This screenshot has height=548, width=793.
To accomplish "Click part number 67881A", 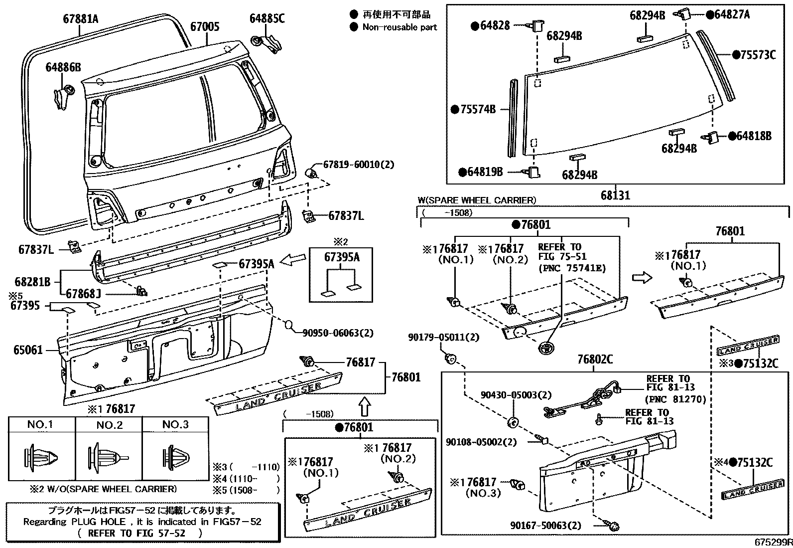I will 81,19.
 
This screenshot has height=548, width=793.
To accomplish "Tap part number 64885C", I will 267,19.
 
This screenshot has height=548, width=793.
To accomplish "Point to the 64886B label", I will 63,67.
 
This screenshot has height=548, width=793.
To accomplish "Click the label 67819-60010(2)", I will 359,164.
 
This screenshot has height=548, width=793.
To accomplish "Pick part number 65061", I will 28,350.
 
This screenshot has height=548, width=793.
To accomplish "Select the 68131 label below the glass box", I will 615,195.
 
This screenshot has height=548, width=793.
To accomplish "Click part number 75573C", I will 757,55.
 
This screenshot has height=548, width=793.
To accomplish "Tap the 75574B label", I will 478,109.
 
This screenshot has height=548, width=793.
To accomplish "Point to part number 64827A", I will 731,14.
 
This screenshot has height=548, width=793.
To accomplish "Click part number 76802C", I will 595,359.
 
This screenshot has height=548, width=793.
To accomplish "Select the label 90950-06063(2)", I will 338,333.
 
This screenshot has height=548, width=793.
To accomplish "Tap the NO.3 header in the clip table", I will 176,425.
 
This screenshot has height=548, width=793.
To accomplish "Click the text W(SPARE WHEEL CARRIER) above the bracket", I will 477,200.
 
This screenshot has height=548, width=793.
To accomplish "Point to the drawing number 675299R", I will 773,541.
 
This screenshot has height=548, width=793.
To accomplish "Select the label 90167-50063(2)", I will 545,525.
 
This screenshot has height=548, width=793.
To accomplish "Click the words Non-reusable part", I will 399,27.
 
